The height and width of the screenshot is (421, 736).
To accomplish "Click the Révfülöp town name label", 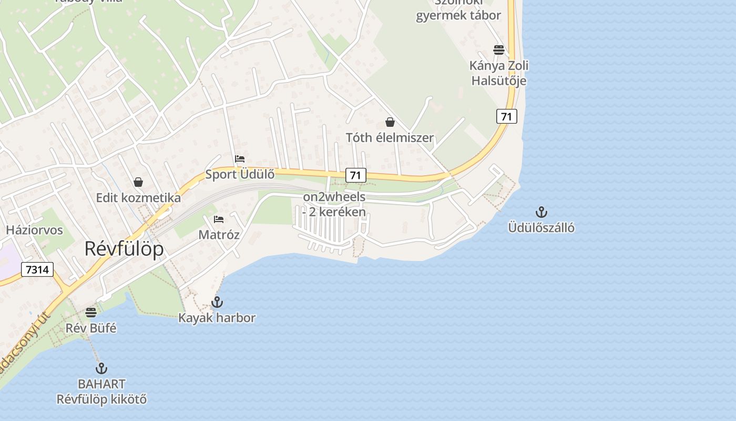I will pos(124,249).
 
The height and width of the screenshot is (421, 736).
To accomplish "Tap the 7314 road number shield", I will pos(37,270).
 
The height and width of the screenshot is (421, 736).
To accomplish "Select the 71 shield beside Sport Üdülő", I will pos(356,175).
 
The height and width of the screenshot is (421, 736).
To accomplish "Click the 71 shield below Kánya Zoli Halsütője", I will pos(506,116).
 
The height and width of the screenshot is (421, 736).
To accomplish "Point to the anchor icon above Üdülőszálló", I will pos(541,212).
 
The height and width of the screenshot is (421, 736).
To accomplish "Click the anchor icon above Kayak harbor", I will pos(217,302).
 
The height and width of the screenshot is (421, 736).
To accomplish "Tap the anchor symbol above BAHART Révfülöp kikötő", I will pos(101,368).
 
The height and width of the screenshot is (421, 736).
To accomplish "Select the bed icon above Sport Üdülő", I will pos(240,159).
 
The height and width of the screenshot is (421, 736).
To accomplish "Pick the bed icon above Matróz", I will pos(219,219).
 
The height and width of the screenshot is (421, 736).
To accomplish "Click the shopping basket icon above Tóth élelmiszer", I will pos(390,122).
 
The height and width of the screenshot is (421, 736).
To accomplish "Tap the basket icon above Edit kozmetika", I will pos(138,182).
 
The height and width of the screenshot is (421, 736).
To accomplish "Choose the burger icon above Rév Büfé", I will pos(91,313).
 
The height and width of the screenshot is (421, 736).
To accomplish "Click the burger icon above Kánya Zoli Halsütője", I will pos(498,50).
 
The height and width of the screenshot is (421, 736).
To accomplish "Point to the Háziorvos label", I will pos(35,230).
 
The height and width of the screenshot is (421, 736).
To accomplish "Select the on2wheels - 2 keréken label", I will pos(334,205).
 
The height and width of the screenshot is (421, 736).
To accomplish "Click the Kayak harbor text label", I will pos(217,318).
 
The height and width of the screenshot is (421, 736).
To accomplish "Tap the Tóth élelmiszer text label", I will pos(390,138).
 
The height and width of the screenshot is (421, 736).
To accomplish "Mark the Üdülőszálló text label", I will pos(541,228).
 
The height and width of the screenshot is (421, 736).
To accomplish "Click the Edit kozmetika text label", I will pos(138,198).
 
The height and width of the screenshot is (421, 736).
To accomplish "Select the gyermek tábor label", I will pos(458,15).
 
